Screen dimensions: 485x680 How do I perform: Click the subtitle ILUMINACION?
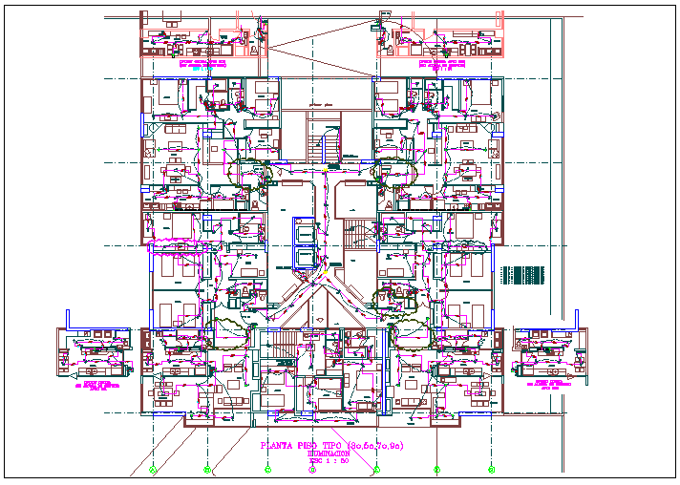pos(328,455)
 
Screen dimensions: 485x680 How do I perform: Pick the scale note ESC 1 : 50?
pos(327,462)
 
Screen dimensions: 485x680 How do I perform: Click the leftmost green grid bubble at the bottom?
pos(154,469)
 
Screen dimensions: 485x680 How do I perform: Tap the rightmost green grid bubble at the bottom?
pos(490,469)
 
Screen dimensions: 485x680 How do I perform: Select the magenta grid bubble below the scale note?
pos(323,469)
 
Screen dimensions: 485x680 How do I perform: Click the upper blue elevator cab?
pos(303,231)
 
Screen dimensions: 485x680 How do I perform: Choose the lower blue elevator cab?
pos(303,257)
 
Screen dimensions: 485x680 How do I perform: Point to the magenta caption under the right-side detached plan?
pos(548,381)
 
